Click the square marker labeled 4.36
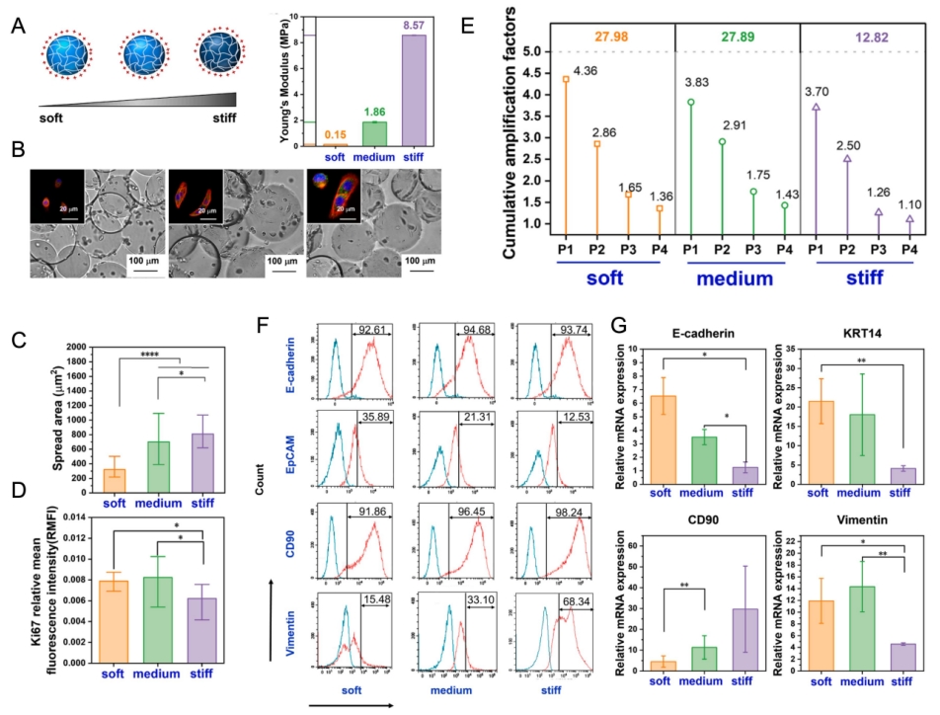(x=566, y=79)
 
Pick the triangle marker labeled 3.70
(x=816, y=107)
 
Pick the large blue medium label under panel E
(x=733, y=278)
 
